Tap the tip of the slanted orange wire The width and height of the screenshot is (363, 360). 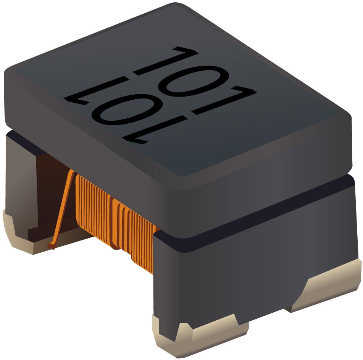click(x=51, y=247)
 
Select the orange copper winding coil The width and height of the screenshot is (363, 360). click(x=115, y=218)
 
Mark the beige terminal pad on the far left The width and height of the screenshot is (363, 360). click(x=19, y=233)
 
